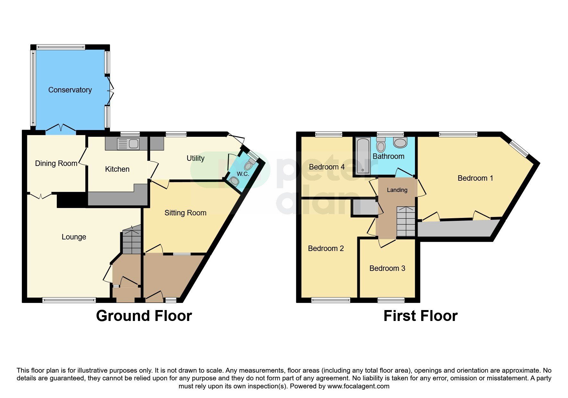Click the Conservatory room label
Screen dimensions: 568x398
coord(70,90)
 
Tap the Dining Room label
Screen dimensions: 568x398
coord(56,163)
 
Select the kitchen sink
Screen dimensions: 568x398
coord(128,144)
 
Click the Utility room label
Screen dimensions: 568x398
coord(195,158)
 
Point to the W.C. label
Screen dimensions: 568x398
coord(243,174)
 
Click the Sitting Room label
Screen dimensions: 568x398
coord(185,213)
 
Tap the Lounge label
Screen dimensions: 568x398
coord(74,237)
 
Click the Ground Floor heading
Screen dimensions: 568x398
coord(144,316)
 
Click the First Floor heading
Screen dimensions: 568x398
coord(420,316)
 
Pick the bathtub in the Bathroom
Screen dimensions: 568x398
coord(363,156)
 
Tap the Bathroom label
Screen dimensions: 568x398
coord(388,156)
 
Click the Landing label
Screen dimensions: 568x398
coord(397,190)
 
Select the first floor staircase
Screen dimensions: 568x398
coord(406,221)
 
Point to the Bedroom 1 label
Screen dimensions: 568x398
coord(475,178)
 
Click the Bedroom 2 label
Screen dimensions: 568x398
coord(326,248)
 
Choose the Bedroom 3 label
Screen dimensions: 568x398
coord(387,268)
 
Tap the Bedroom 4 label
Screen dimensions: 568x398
coord(327,167)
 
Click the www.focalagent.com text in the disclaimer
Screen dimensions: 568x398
coord(358,386)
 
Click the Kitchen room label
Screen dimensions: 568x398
coord(117,169)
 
